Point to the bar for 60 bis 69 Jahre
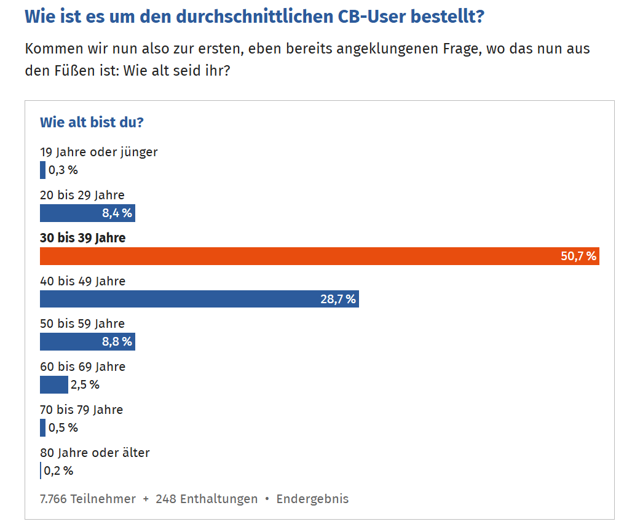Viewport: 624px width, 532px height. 53,385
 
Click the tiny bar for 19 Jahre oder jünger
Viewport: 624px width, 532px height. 43,170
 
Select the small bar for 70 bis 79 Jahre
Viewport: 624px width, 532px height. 43,427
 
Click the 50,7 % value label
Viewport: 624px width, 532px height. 579,256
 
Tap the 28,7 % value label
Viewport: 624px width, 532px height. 338,300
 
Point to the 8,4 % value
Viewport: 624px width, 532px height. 117,213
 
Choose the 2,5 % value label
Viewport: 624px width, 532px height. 85,385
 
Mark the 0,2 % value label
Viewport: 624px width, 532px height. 58,470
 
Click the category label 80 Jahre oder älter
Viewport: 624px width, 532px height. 95,453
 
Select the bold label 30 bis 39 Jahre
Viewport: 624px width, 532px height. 82,238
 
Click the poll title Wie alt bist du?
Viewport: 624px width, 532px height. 92,122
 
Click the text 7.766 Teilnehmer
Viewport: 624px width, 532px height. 88,498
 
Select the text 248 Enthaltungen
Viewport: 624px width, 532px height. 207,498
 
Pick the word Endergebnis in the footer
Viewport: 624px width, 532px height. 312,498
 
